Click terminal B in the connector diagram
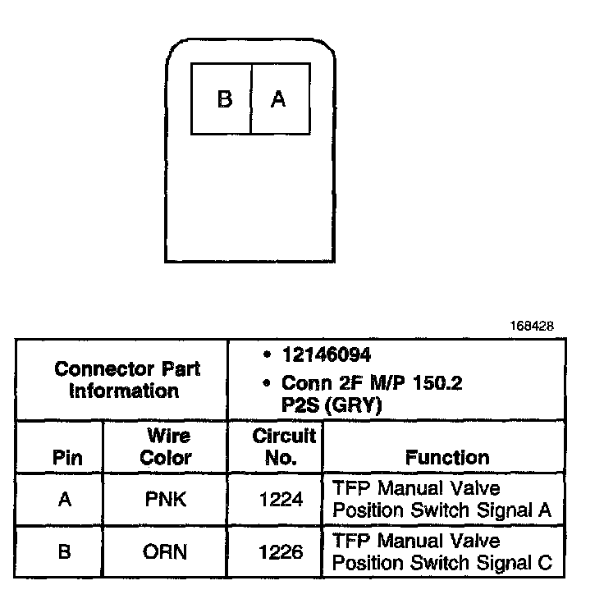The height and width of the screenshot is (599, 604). click(x=224, y=99)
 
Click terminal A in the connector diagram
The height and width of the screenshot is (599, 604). click(x=278, y=99)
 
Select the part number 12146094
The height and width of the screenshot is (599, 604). click(x=326, y=356)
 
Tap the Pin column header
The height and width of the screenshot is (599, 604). click(x=66, y=457)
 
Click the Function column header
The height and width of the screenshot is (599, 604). click(x=447, y=457)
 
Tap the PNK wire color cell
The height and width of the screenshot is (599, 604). click(x=166, y=499)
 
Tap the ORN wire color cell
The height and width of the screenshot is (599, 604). click(x=166, y=551)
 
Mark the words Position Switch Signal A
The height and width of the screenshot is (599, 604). click(x=442, y=510)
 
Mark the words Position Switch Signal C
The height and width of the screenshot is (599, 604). click(x=442, y=563)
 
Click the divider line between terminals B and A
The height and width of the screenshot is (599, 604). click(x=250, y=99)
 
